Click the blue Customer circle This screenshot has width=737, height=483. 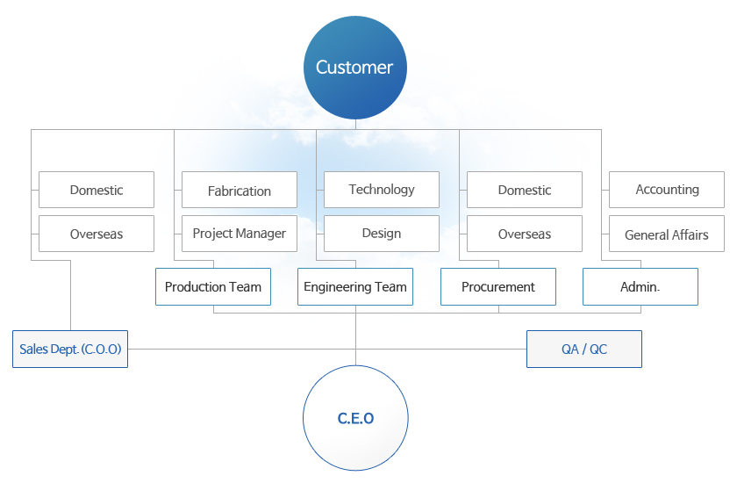point(354,68)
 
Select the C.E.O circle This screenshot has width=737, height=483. point(355,418)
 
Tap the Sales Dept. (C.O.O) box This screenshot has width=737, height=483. point(70,349)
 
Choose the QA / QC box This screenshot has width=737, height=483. point(584,349)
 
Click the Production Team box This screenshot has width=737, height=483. point(213,287)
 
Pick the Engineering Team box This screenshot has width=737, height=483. point(355,287)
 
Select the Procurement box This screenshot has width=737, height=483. point(498,287)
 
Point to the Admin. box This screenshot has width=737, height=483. point(640,287)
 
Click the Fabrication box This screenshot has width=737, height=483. point(240,191)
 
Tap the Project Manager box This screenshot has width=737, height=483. point(240,234)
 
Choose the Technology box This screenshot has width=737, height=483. point(382,190)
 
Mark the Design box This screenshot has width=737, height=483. point(382,234)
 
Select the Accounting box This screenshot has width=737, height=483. point(667,190)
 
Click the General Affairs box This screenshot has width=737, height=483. point(667,234)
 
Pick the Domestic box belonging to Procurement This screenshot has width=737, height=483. point(525,190)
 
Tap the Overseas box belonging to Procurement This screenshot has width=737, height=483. point(525,234)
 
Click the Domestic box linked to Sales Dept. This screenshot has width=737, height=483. point(97,190)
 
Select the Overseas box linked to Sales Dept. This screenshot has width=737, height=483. point(97,234)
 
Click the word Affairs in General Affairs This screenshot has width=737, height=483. point(690,234)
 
